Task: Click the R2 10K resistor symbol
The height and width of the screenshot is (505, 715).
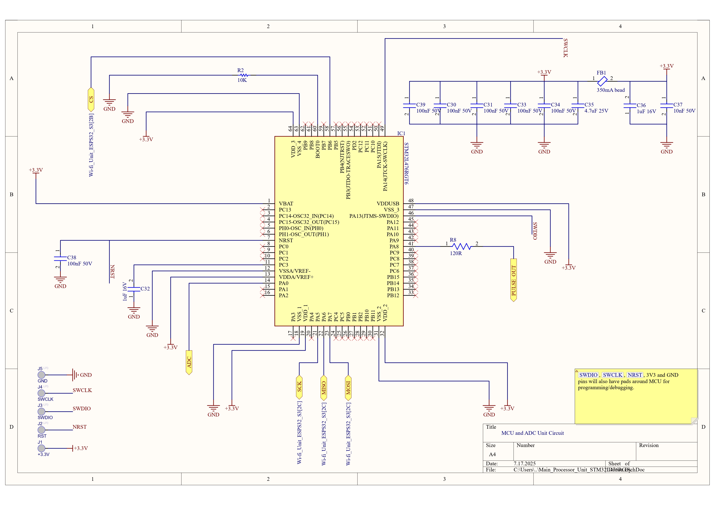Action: pyautogui.click(x=245, y=75)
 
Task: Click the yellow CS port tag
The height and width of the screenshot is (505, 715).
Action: pyautogui.click(x=91, y=100)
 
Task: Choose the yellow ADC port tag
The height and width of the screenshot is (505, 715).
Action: pyautogui.click(x=189, y=363)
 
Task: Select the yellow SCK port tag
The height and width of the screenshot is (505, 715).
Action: pyautogui.click(x=299, y=387)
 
